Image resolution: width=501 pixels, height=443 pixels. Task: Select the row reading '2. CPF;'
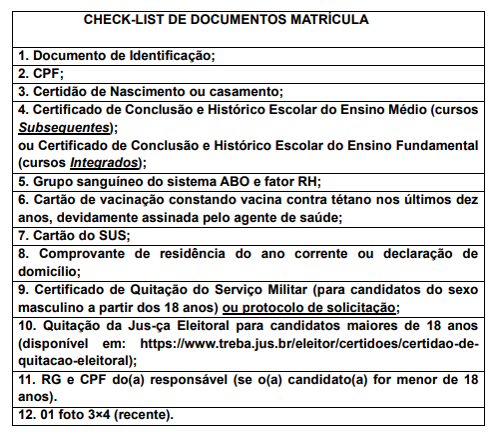pos(41,73)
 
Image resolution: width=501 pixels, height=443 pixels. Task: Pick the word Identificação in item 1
pos(165,55)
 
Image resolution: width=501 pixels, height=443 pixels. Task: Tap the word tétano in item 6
pos(307,200)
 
